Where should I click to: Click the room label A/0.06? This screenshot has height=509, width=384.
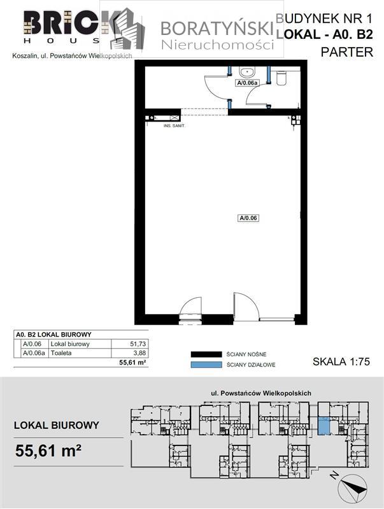tap(248, 218)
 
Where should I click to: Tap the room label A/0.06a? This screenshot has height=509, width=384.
tap(246, 83)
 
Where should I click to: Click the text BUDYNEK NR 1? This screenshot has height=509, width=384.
tap(325, 20)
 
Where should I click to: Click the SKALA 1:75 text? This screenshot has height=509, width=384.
tap(341, 361)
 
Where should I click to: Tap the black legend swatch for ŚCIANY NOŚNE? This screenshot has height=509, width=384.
tap(205, 354)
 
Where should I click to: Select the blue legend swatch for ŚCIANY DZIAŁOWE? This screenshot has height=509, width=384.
tap(205, 365)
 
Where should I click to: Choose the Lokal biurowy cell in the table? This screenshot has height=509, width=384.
tap(69, 344)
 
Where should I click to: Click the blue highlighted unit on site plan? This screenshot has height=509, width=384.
tap(324, 426)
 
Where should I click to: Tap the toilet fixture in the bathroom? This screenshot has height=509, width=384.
tap(283, 76)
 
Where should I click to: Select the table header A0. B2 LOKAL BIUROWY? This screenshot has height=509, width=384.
tap(53, 335)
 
